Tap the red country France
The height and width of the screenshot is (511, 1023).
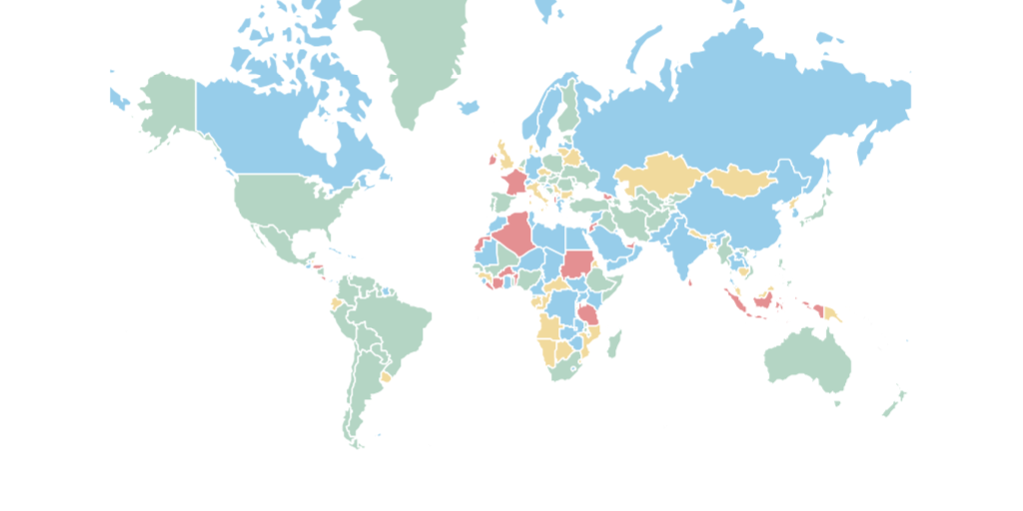[515, 183]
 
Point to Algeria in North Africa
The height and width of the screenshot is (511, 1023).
[515, 234]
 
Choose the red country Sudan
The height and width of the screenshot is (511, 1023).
[576, 263]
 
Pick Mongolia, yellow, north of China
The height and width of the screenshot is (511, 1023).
[744, 180]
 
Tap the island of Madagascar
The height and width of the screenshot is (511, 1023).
[614, 345]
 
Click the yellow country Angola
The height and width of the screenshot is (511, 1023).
[548, 328]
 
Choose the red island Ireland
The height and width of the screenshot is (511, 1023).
[492, 159]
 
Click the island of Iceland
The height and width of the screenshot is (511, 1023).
[469, 106]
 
